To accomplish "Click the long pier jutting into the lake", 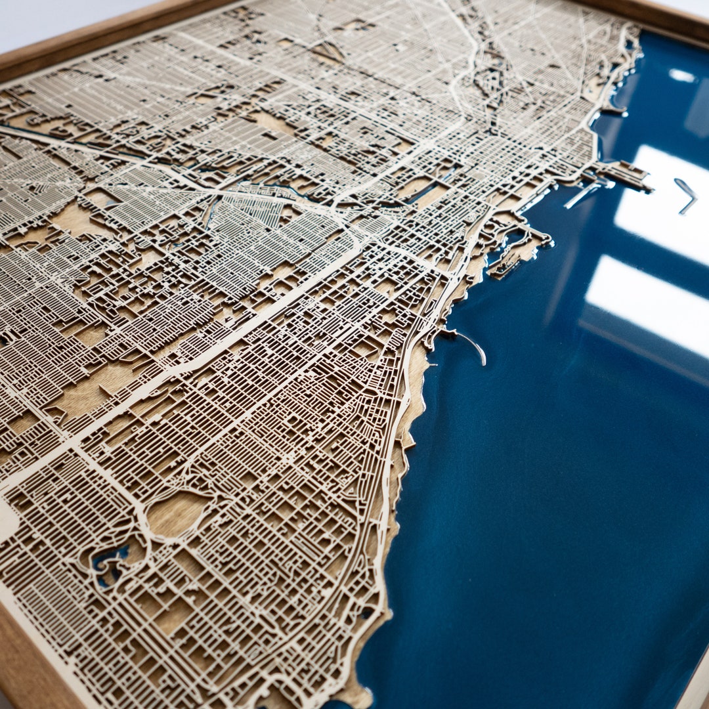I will tap(624, 176).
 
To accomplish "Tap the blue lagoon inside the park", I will tap(108, 561).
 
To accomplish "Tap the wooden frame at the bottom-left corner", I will tap(26, 663).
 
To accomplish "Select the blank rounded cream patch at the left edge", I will tap(7, 519).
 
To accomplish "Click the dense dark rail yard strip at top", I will tap(489, 79).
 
